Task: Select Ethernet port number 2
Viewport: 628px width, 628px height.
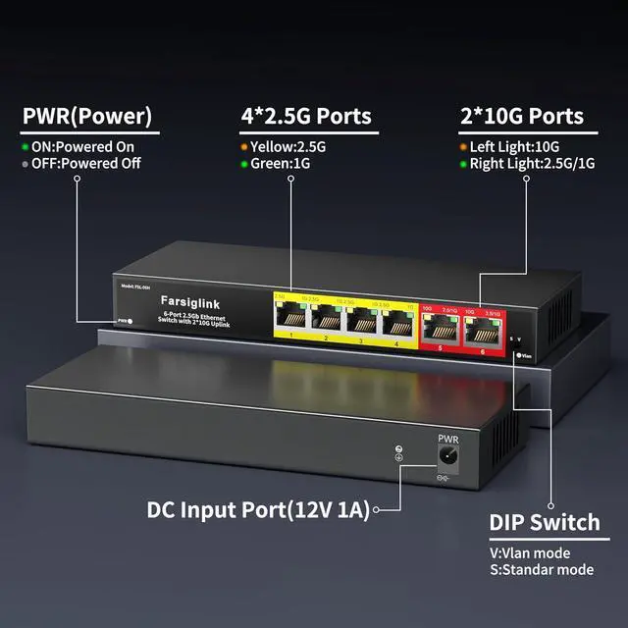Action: [x=327, y=317]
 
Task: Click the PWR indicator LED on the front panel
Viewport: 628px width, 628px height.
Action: [x=131, y=320]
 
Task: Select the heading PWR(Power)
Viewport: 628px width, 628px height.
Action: [x=87, y=117]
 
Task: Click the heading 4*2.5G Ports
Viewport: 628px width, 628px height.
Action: [x=306, y=117]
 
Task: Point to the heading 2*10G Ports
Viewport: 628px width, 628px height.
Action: [x=522, y=117]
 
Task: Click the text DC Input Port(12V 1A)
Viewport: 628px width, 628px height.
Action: [x=257, y=509]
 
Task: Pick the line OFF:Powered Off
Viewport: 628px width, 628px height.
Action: [x=88, y=163]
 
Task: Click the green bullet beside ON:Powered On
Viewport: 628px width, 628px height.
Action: [x=26, y=146]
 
